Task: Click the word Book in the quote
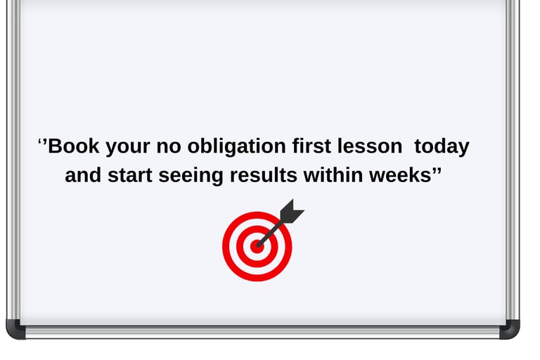pyautogui.click(x=74, y=147)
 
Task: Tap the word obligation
pyautogui.click(x=227, y=147)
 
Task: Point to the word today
pyautogui.click(x=442, y=147)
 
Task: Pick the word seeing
pyautogui.click(x=191, y=176)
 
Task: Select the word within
pyautogui.click(x=334, y=176)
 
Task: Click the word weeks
pyautogui.click(x=399, y=176)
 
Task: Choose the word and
pyautogui.click(x=83, y=176)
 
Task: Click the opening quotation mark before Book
pyautogui.click(x=41, y=143)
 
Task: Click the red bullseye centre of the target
pyautogui.click(x=257, y=246)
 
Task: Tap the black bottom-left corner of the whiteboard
pyautogui.click(x=15, y=329)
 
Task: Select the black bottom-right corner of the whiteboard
pyautogui.click(x=510, y=329)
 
